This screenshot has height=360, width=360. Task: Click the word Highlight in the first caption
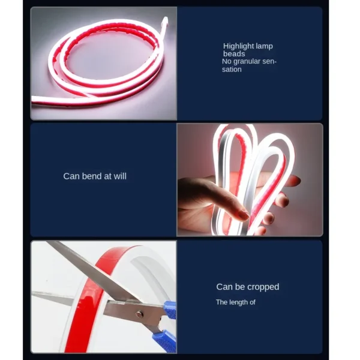point(238,46)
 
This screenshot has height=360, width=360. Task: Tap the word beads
point(234,54)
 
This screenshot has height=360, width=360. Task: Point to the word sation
point(232,70)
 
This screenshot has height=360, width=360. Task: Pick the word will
point(120,176)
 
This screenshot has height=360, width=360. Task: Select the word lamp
point(264,46)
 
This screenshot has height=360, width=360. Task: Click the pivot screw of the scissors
point(139,314)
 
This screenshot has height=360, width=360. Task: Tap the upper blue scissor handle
point(170,310)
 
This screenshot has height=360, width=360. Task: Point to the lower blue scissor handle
point(165,340)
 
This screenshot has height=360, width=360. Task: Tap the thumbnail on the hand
point(244,215)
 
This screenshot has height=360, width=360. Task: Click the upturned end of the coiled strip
point(164,23)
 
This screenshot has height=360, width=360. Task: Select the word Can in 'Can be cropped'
point(224,287)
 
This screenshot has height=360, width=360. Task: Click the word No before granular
point(227,62)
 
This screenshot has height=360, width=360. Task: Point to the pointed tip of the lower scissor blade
point(32,292)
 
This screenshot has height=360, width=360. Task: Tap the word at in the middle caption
point(108,176)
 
